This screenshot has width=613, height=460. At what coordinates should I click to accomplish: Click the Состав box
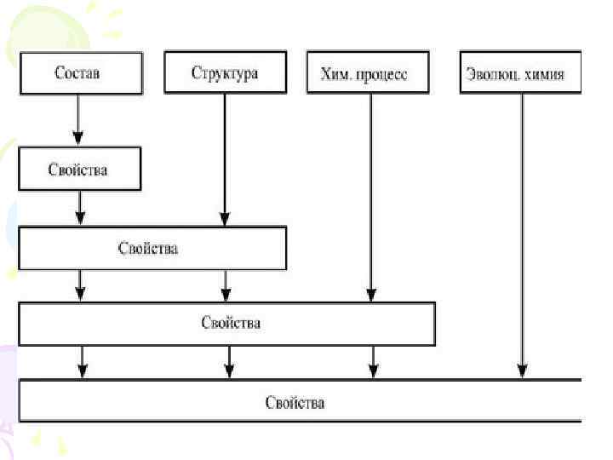[x=78, y=72]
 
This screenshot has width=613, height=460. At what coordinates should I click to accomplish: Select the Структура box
[x=225, y=72]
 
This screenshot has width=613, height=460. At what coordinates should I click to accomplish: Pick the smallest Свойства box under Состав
[x=78, y=169]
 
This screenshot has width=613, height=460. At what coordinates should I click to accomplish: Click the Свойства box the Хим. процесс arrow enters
[x=226, y=324]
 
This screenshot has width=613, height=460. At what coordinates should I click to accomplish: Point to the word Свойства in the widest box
[x=295, y=401]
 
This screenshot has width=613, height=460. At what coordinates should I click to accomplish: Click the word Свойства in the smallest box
[x=78, y=169]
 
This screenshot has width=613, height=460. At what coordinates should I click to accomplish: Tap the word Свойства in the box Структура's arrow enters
[x=149, y=249]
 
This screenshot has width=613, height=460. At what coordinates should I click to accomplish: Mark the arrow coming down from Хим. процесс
[x=370, y=196]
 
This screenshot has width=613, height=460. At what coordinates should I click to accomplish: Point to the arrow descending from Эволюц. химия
[x=521, y=230]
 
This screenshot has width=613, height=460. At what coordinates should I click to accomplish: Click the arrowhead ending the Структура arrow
[x=225, y=220]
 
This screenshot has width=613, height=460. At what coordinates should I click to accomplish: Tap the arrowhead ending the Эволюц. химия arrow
[x=521, y=371]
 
